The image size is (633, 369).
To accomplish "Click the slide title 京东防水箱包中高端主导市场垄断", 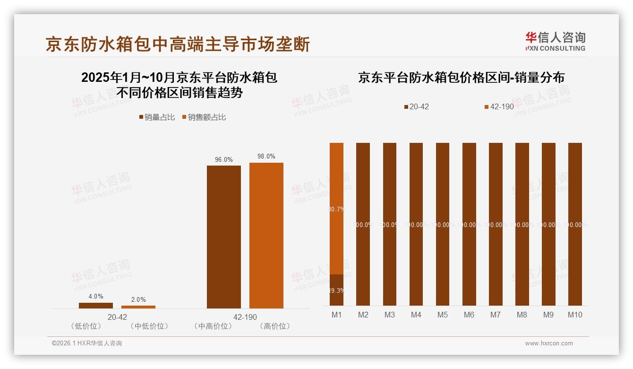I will [x=178, y=44].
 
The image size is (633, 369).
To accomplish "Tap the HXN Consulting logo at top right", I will [x=555, y=42].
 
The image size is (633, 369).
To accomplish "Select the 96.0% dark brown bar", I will [x=223, y=237].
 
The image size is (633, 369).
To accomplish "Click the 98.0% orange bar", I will [x=266, y=235].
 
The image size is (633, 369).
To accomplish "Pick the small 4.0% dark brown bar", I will [x=96, y=306].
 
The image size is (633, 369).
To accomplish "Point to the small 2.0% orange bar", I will [x=138, y=307].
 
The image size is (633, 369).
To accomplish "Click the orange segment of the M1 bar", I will [x=336, y=208].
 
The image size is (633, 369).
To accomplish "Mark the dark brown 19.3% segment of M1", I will [x=336, y=290].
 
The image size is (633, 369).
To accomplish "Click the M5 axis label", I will [x=442, y=315].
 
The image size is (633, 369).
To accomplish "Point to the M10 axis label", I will [x=575, y=315].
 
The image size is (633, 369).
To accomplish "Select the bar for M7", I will [x=496, y=224].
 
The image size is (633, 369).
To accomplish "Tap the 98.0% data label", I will [x=266, y=157].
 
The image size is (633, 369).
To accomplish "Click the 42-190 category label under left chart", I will [x=245, y=317].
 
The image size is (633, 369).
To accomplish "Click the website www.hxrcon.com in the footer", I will [x=548, y=343].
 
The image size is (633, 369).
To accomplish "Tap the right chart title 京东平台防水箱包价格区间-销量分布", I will [x=461, y=78].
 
